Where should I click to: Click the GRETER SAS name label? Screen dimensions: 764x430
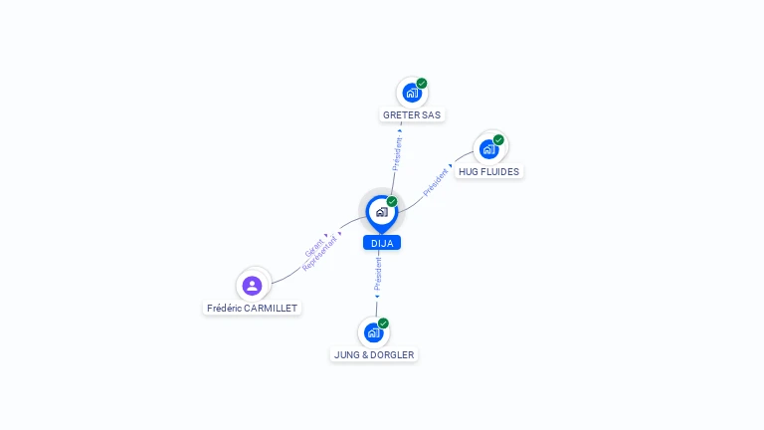tap(412, 115)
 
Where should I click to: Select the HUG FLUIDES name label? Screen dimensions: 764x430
tap(488, 171)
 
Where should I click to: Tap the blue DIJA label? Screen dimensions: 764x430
tap(382, 243)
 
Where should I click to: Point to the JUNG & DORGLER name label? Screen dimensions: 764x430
tap(374, 355)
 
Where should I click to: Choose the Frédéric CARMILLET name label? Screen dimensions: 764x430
tap(252, 309)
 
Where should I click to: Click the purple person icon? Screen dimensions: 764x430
tap(252, 286)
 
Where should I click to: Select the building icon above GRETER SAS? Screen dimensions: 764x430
tap(412, 93)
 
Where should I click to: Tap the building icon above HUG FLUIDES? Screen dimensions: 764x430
tap(488, 149)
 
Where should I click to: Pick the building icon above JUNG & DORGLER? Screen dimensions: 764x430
tap(374, 332)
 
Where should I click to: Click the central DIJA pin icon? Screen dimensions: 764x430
tap(382, 213)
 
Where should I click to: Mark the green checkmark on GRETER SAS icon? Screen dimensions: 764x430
tap(422, 84)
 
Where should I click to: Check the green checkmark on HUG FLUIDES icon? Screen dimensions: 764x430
tap(498, 140)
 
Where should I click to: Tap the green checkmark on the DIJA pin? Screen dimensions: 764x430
tap(392, 201)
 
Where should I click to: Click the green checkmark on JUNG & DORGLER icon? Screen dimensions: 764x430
tap(383, 323)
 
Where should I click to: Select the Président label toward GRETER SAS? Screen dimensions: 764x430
tap(398, 153)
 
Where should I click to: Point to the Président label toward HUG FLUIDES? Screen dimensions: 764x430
tap(435, 182)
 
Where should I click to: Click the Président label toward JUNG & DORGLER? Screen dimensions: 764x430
tap(378, 274)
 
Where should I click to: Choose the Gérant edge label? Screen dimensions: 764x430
tap(313, 249)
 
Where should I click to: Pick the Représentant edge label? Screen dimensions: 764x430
tap(319, 254)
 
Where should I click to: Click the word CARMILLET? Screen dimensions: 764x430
tap(271, 309)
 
